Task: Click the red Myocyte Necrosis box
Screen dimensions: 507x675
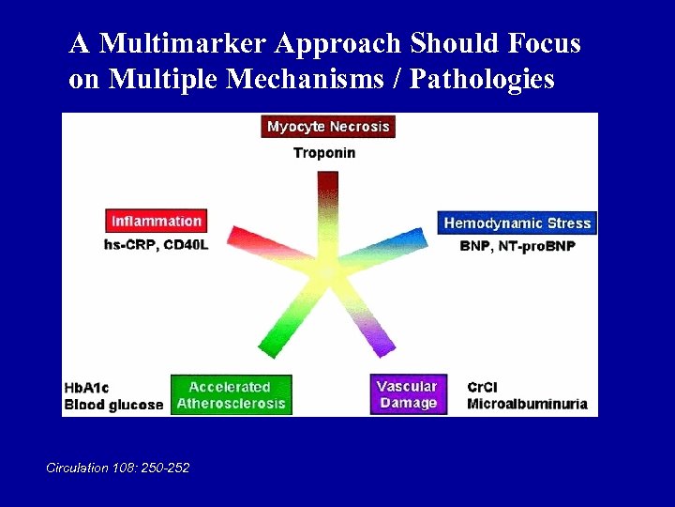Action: coord(327,126)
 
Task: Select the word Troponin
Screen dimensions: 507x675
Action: coord(324,152)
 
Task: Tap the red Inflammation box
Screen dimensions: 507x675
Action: coord(156,221)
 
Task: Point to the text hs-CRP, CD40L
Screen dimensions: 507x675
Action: coord(156,246)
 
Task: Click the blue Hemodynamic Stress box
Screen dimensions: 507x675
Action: coord(517,223)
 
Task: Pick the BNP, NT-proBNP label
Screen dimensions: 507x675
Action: coord(517,246)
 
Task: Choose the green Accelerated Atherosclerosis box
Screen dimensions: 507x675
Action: coord(231,395)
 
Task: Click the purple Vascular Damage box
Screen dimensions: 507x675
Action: coord(407,395)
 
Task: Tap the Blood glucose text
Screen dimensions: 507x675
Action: coord(112,405)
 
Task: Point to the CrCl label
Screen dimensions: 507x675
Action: coord(485,386)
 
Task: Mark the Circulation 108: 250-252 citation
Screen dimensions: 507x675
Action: coord(117,467)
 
